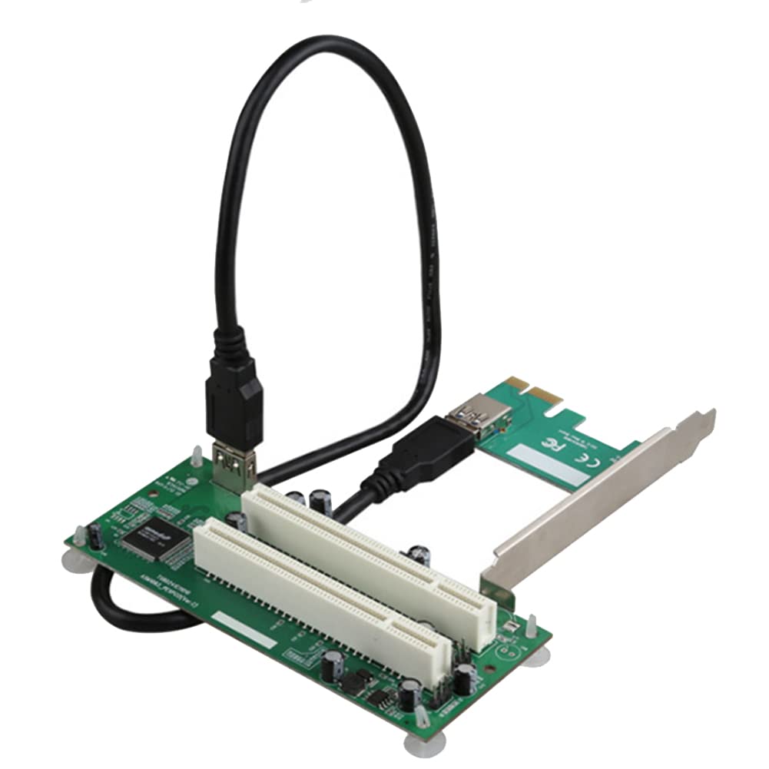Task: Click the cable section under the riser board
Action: pyautogui.click(x=131, y=608)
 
